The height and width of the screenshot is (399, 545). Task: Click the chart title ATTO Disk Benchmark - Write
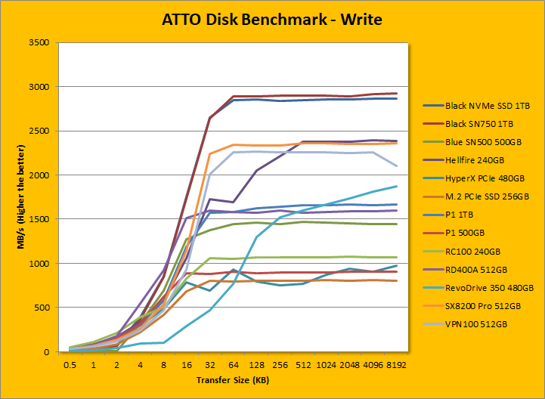[x=272, y=19]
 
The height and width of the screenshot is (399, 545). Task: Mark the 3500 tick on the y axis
[x=38, y=43]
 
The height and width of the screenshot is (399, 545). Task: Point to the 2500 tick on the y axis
[x=38, y=131]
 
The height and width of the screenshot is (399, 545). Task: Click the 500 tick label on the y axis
[x=41, y=308]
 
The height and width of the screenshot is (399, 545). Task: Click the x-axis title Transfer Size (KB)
[x=233, y=379]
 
